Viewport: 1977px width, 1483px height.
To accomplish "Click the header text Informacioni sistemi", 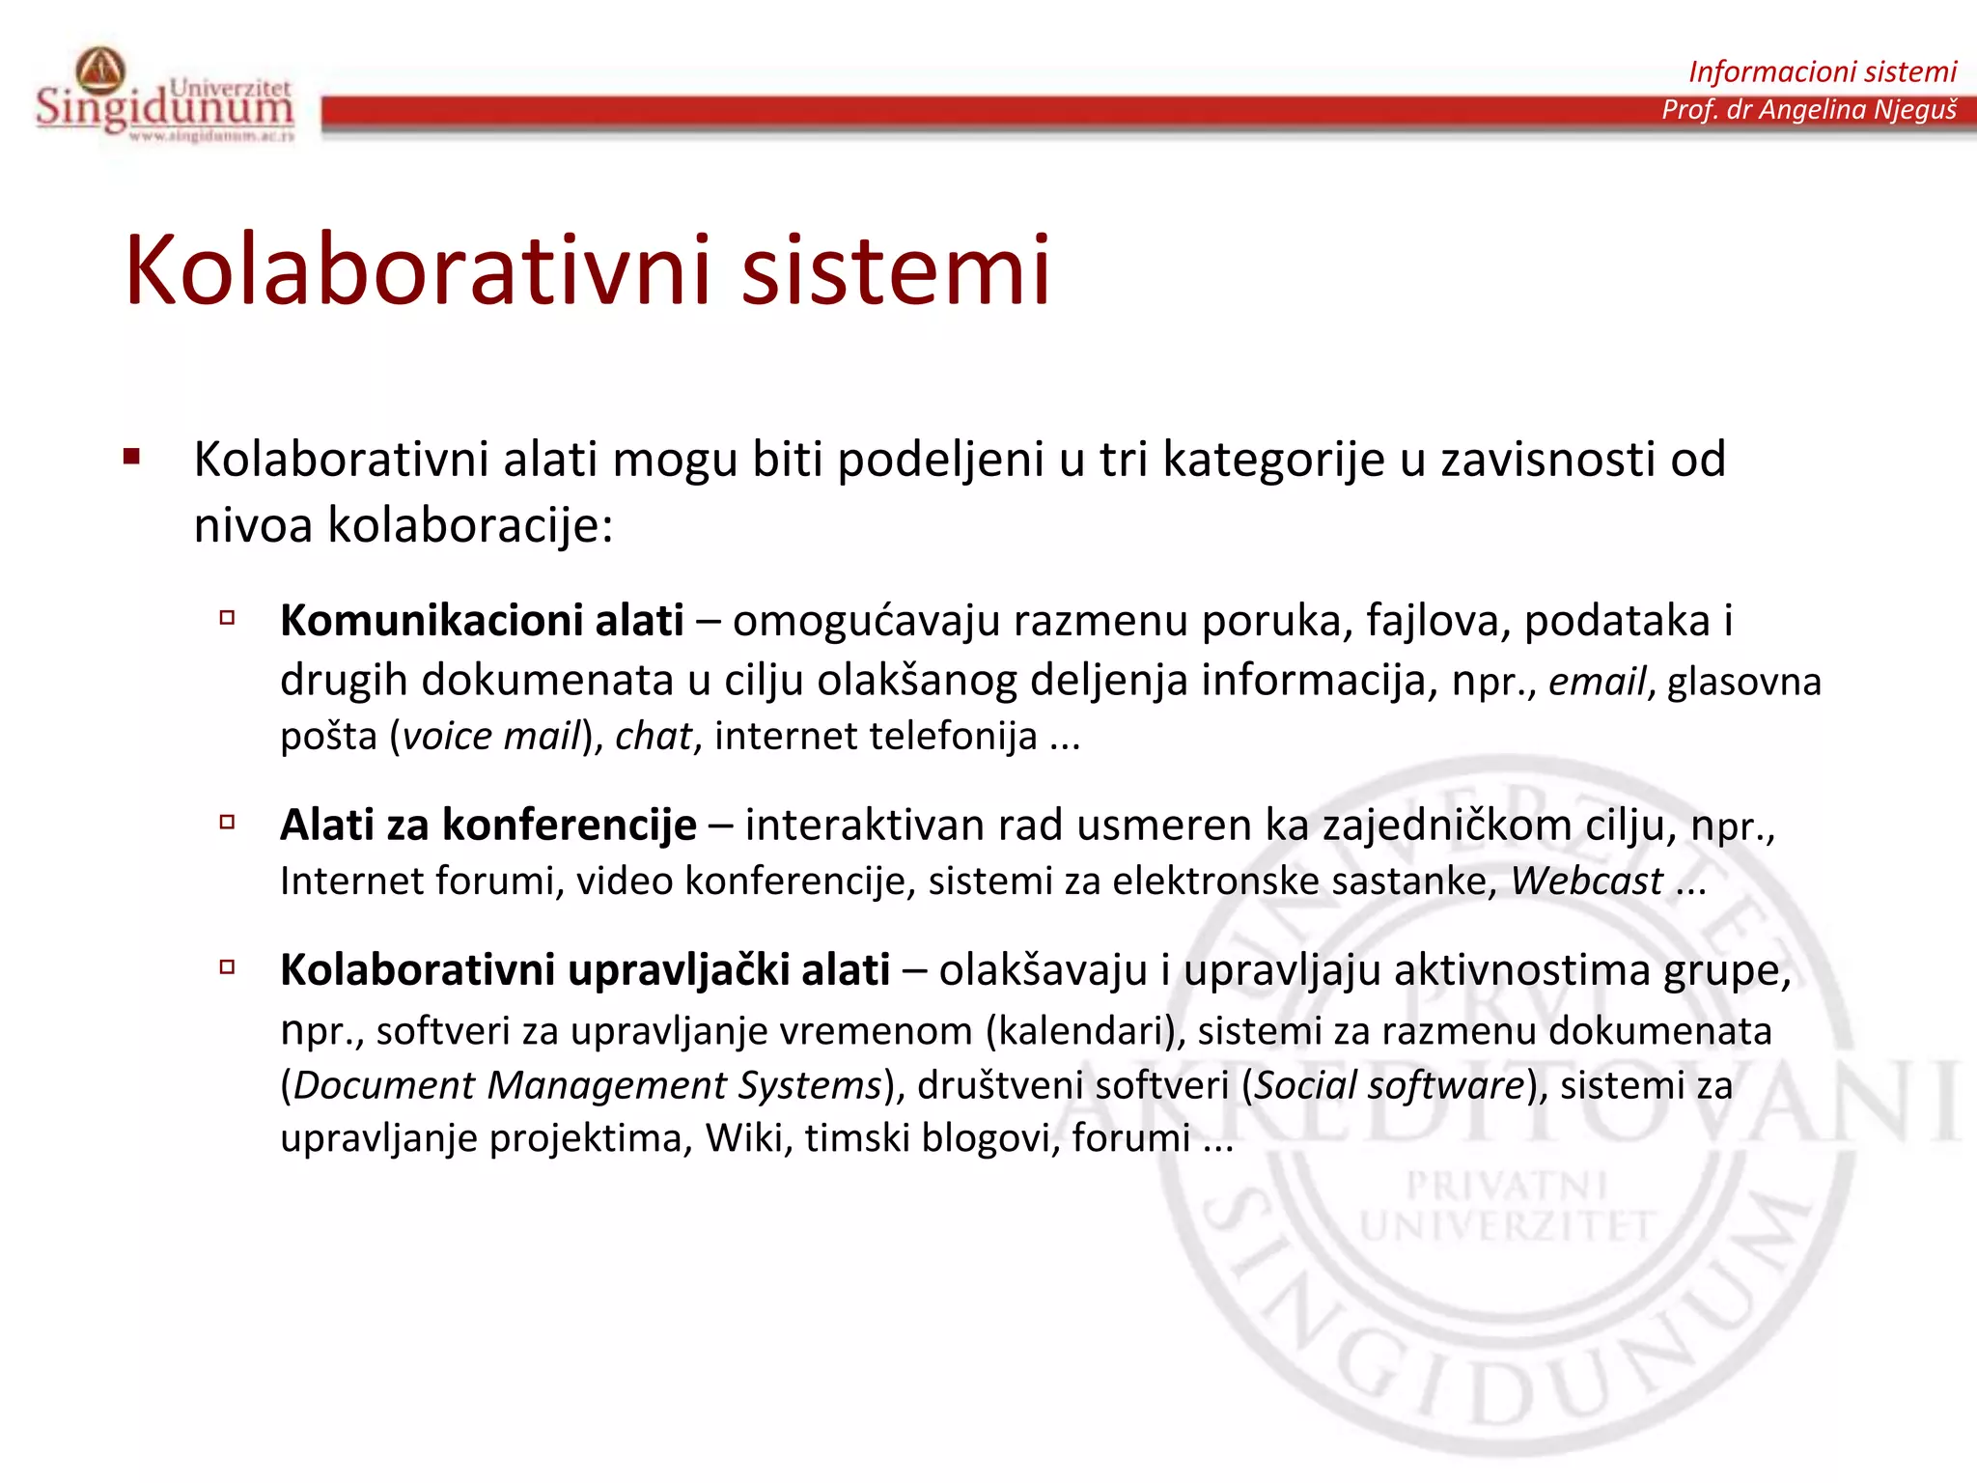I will [x=1822, y=71].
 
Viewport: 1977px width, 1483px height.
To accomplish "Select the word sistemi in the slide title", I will [x=895, y=271].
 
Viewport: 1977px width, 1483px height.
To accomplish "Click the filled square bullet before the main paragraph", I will [x=132, y=458].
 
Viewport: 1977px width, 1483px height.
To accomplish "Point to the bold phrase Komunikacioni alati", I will [x=482, y=620].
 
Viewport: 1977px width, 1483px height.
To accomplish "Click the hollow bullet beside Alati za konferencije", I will [x=228, y=823].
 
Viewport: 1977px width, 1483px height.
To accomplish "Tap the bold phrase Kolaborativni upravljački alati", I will [x=585, y=969].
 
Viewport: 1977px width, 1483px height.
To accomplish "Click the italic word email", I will [x=1597, y=682].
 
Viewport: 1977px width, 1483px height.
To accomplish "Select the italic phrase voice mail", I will [x=490, y=737].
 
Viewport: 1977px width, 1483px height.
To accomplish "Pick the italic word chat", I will [x=654, y=737].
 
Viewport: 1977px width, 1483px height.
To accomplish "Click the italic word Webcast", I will [x=1586, y=881].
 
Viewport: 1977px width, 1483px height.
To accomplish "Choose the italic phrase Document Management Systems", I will [x=587, y=1085].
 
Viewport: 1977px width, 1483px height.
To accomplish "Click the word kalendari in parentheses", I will [x=1085, y=1031].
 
